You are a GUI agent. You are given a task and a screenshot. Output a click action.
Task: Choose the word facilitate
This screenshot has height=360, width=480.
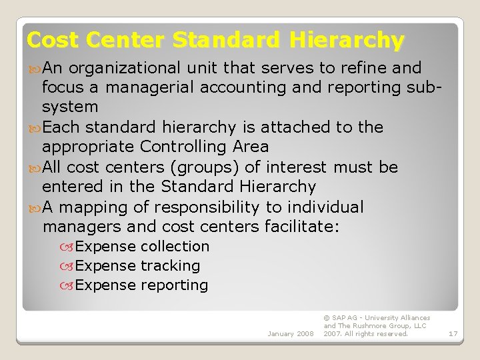(x=301, y=227)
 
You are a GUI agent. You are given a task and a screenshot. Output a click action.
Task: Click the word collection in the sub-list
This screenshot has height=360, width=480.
(x=175, y=247)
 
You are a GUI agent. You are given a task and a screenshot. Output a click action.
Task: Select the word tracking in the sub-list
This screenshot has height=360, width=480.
(x=170, y=266)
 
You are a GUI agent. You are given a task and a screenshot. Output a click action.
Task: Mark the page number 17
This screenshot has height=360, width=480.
(x=453, y=333)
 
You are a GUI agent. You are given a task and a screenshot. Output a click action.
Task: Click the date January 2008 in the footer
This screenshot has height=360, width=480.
(x=290, y=333)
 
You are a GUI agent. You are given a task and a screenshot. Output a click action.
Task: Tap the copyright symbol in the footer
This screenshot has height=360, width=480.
(x=326, y=318)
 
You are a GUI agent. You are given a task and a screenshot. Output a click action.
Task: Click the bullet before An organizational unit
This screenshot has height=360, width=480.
(x=34, y=68)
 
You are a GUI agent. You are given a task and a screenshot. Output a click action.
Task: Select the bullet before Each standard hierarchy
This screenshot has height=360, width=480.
(x=34, y=127)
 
